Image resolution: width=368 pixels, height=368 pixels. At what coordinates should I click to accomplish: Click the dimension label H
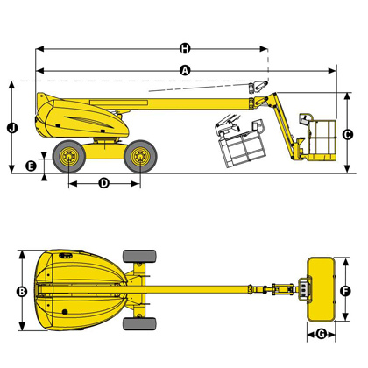pos(185,48)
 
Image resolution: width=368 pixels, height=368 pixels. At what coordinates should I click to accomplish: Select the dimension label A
pos(185,70)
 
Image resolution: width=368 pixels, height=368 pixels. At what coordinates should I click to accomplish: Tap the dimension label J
pos(12,128)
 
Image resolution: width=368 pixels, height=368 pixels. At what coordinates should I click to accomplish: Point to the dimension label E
pos(31,166)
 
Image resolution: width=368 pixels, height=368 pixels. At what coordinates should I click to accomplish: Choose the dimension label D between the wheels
pos(104,183)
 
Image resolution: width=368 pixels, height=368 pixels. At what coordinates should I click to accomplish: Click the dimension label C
pos(348,135)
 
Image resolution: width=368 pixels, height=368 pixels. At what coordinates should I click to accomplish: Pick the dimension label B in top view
pos(22,292)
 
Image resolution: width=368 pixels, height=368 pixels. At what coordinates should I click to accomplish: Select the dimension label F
pos(345,291)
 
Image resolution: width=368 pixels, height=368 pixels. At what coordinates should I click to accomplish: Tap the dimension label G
pos(322,334)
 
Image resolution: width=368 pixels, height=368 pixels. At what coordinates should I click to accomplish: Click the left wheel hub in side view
pos(69,157)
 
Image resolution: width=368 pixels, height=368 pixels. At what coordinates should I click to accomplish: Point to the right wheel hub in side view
pos(140,157)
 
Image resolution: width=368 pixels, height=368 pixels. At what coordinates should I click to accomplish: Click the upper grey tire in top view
pos(139,256)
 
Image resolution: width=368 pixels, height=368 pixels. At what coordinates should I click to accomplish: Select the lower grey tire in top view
pos(139,324)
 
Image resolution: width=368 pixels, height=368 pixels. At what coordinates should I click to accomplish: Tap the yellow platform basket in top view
pos(321,289)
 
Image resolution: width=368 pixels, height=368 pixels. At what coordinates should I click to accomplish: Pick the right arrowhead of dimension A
pos(332,71)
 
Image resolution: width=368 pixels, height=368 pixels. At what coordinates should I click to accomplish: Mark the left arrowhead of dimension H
pos(39,49)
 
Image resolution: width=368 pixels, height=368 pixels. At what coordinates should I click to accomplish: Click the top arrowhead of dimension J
pos(11,85)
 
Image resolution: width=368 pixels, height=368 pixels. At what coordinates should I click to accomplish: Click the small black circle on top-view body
pos(65,312)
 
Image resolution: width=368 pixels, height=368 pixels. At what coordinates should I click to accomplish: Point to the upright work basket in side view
pos(318,137)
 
